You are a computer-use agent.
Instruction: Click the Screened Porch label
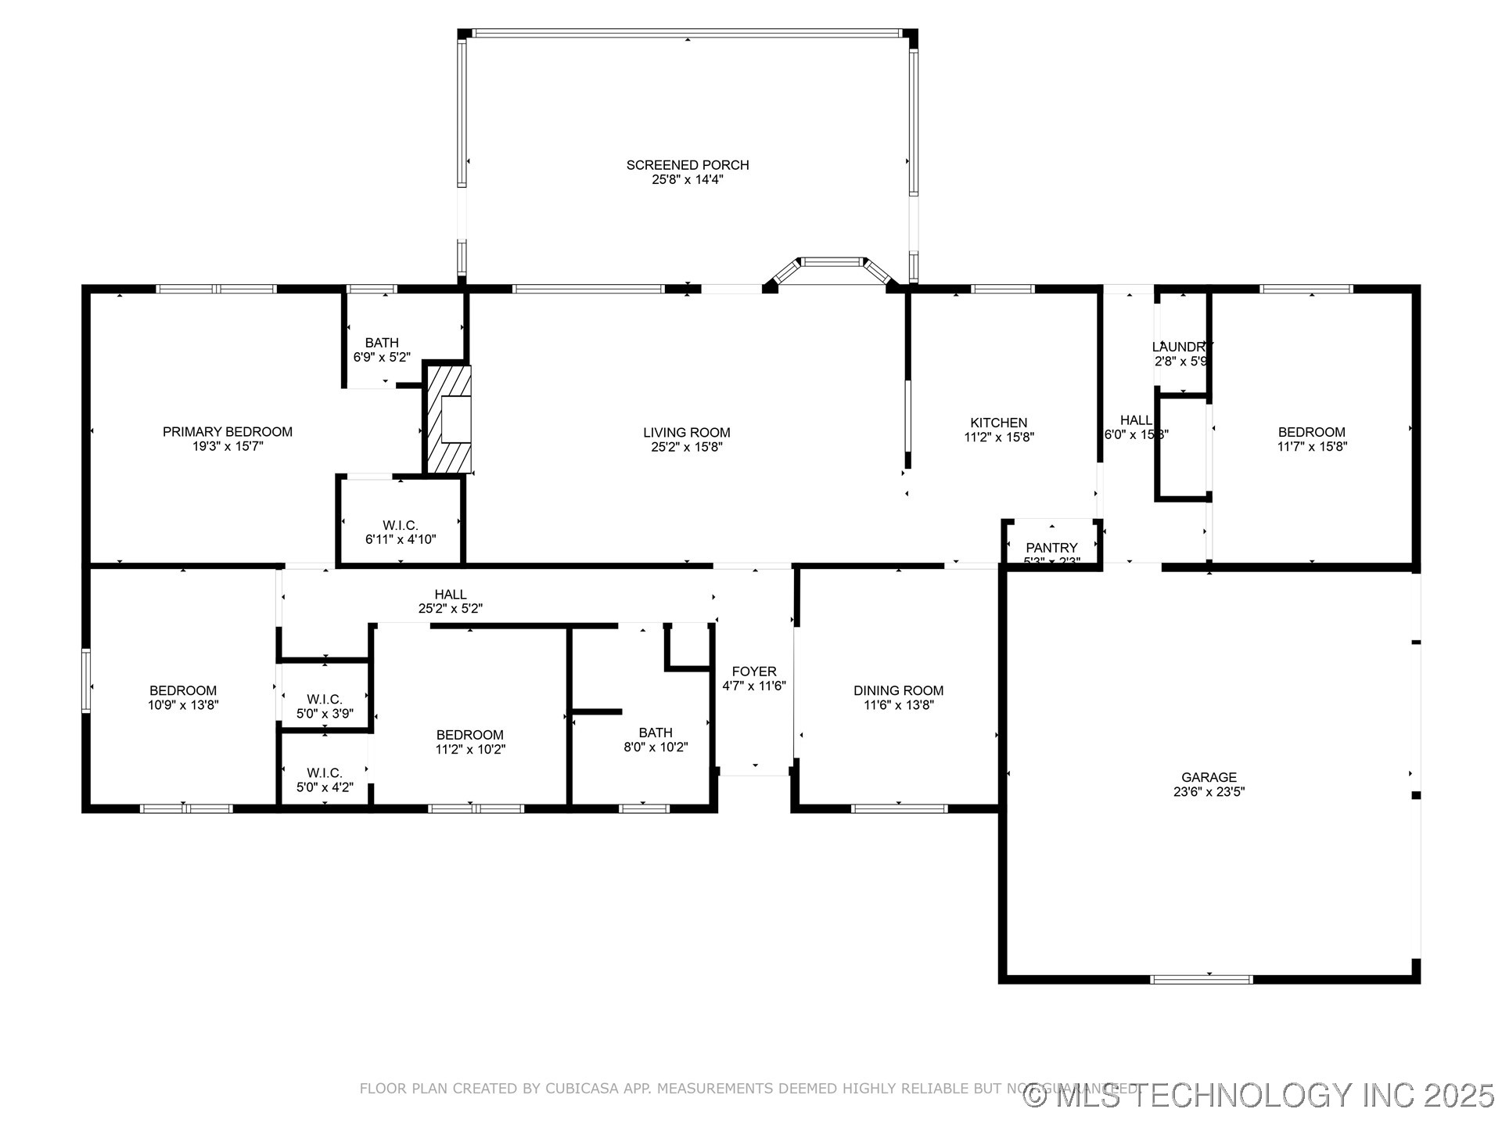(687, 165)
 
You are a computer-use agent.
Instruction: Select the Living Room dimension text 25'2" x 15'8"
(687, 447)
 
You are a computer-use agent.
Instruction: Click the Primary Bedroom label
(227, 432)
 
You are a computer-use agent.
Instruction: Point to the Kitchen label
(999, 423)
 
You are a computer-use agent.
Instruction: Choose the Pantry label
(1051, 548)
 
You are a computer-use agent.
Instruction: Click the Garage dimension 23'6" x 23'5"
(1209, 791)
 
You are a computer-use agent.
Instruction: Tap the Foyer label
(754, 672)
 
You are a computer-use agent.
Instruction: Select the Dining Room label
(898, 690)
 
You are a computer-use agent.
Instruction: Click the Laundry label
(1182, 347)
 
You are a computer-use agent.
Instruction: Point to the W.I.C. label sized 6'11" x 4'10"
(401, 525)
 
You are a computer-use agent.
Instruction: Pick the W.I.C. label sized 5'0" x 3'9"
(325, 699)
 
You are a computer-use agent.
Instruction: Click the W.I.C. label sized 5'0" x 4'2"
(325, 773)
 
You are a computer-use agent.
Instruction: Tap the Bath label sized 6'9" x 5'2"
(382, 343)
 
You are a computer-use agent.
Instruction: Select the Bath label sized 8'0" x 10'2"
(656, 733)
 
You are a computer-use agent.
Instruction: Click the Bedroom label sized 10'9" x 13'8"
(183, 690)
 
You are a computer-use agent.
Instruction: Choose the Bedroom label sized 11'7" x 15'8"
(1312, 432)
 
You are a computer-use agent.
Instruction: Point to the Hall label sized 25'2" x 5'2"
(451, 595)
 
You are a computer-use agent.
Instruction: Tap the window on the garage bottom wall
(1202, 979)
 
